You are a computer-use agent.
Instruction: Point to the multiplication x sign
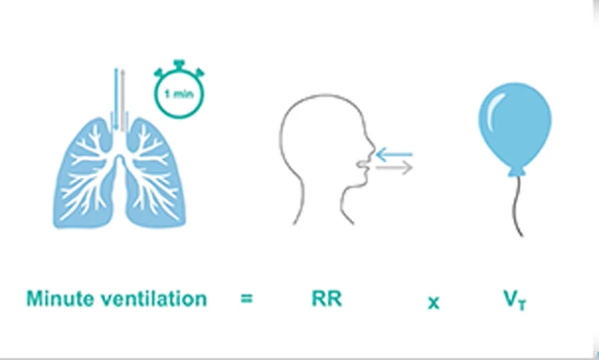tap(433, 299)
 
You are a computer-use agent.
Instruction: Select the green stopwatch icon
tap(178, 94)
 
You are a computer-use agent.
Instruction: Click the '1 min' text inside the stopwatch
tap(178, 95)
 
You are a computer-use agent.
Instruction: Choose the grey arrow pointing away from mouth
tap(393, 168)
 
